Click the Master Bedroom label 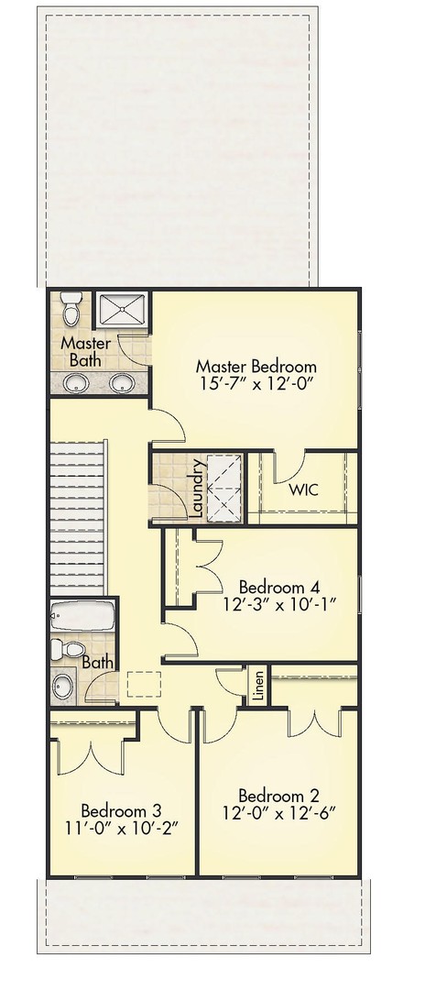click(256, 367)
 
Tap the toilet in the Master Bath click(71, 311)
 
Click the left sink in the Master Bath click(71, 384)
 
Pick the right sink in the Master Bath click(121, 384)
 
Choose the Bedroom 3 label click(121, 810)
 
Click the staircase click(78, 517)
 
